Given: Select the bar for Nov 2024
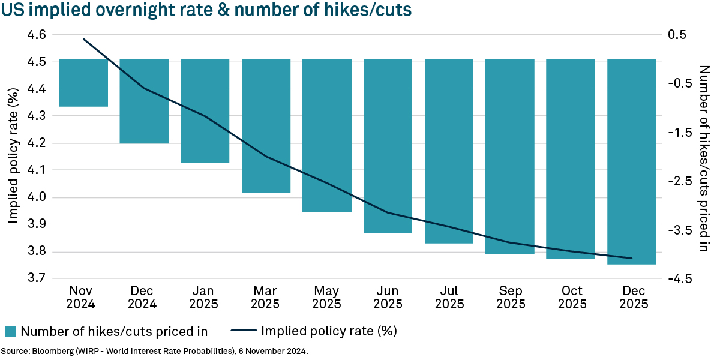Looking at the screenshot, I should [x=83, y=83].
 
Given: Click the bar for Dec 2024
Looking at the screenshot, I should [x=145, y=101].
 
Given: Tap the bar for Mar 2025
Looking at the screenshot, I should [x=266, y=126].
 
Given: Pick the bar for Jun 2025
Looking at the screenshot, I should [x=388, y=146].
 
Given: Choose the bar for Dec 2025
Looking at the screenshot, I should [x=631, y=161].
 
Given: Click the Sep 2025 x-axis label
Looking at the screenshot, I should [x=509, y=296].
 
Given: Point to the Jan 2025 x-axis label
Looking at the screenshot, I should [x=205, y=296].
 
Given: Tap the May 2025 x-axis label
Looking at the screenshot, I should [x=327, y=296].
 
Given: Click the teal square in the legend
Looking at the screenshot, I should [x=11, y=331].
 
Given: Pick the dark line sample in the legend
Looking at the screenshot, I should [x=243, y=331].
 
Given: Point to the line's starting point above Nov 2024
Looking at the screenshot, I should [x=84, y=40].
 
